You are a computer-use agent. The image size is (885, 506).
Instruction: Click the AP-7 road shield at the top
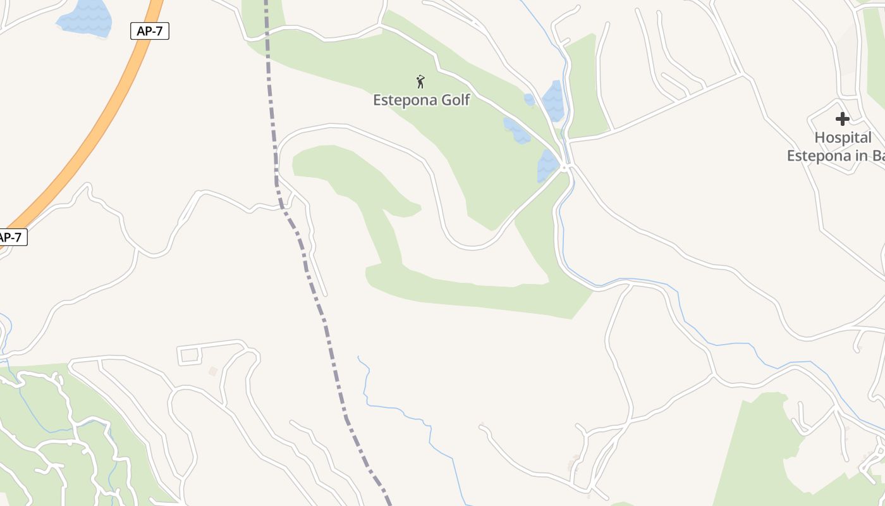150,30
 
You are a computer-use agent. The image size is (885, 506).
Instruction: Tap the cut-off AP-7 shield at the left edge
11,237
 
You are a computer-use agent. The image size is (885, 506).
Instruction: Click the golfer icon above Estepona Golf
420,82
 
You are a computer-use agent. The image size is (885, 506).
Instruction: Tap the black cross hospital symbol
842,118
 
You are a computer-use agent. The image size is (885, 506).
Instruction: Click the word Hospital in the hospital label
843,137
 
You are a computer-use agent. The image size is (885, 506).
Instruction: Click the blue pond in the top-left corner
85,18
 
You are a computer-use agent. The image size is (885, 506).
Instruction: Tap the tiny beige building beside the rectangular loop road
213,371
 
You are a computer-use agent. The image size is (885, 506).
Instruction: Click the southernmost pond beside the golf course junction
547,166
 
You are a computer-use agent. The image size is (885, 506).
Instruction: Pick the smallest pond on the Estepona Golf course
529,99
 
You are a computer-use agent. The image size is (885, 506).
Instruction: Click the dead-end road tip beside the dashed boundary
326,295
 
